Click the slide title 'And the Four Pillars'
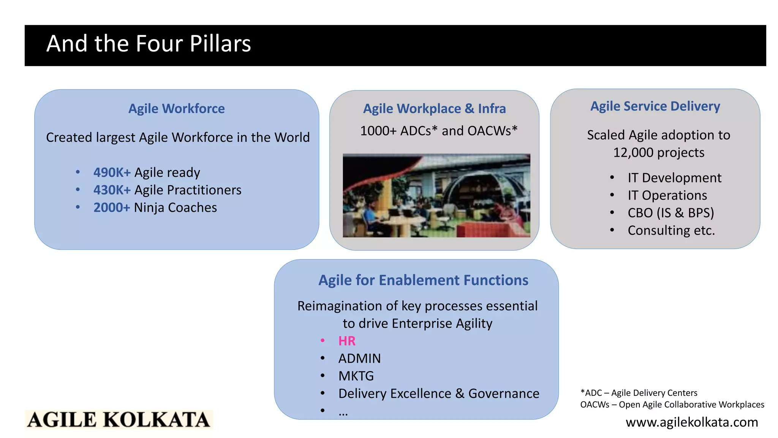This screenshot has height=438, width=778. click(x=149, y=44)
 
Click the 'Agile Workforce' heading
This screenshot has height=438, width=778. click(x=176, y=109)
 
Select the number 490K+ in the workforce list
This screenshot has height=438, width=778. click(x=112, y=173)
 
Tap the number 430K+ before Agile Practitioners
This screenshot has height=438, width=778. click(x=112, y=190)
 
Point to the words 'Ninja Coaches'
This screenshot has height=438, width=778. click(x=176, y=208)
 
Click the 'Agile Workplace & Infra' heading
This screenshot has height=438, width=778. click(x=434, y=109)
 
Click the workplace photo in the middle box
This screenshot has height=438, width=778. click(x=436, y=195)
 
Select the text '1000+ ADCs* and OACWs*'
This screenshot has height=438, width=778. click(x=438, y=131)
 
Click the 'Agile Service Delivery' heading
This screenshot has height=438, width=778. click(x=655, y=106)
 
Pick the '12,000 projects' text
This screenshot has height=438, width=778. click(x=659, y=153)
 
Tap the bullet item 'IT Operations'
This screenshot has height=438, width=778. click(x=667, y=195)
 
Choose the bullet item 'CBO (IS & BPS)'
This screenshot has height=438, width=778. click(x=670, y=213)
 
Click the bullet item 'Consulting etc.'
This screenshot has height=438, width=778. click(x=671, y=230)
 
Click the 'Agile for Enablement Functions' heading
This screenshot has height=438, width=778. click(x=423, y=280)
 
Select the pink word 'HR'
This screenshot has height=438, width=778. click(x=347, y=341)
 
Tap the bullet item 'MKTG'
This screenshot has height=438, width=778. click(x=356, y=376)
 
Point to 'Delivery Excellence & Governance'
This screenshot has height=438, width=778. click(x=438, y=394)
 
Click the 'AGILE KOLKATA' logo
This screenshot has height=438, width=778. click(x=119, y=420)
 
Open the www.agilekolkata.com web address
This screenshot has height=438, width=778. click(x=691, y=422)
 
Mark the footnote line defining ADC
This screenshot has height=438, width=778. click(x=639, y=393)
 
